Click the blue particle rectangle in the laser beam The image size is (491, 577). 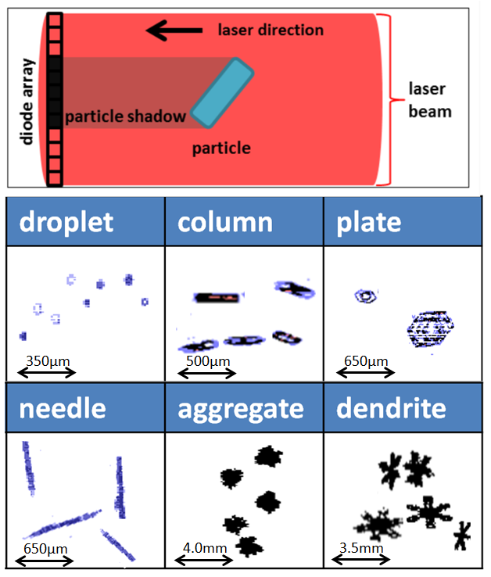click(224, 92)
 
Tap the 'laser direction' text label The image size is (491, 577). click(270, 30)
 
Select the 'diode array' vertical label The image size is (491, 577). click(28, 101)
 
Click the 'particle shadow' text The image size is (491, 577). click(125, 117)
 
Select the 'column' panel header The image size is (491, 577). click(225, 222)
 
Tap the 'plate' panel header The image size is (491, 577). click(369, 222)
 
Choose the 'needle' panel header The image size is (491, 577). click(62, 408)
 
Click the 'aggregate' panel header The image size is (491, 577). click(241, 408)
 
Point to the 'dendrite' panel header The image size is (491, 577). click(391, 408)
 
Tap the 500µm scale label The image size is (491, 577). click(207, 361)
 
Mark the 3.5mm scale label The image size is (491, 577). click(361, 548)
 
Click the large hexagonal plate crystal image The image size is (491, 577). click(431, 328)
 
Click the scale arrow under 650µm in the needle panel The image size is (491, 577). click(45, 560)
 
